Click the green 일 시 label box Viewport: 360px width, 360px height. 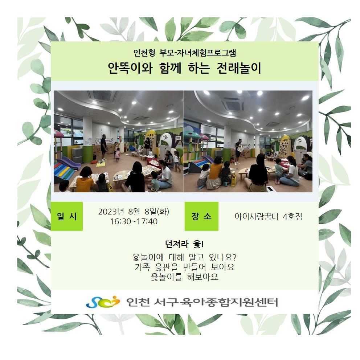pos(66,216)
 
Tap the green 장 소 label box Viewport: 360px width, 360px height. pos(201,216)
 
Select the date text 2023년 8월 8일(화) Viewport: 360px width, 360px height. pos(134,212)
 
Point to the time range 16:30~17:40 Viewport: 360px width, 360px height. pos(134,222)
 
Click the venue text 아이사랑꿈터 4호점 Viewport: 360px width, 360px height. pos(268,217)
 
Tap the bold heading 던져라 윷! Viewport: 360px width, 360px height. pos(184,244)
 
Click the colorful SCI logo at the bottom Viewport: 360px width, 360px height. pos(103,302)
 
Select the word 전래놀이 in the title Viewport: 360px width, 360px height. pos(238,68)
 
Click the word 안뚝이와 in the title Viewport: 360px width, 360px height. pos(130,68)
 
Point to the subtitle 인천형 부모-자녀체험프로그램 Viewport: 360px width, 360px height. pos(185,53)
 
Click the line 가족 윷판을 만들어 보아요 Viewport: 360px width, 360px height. pos(185,267)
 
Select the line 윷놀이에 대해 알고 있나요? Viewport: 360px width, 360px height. pos(184,257)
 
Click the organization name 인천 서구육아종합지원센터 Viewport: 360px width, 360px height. pos(202,302)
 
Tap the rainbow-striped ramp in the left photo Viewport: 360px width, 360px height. pos(65,169)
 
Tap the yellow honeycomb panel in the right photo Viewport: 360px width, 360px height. pos(285,147)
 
